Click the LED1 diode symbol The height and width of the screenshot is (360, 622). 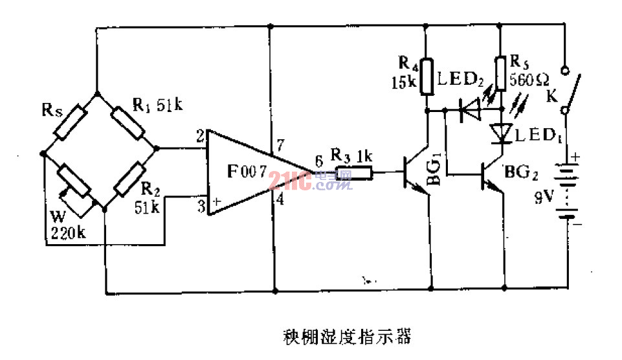501,133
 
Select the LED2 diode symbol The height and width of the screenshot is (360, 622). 470,111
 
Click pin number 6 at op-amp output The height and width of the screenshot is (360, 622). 318,162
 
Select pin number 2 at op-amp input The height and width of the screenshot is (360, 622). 200,137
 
